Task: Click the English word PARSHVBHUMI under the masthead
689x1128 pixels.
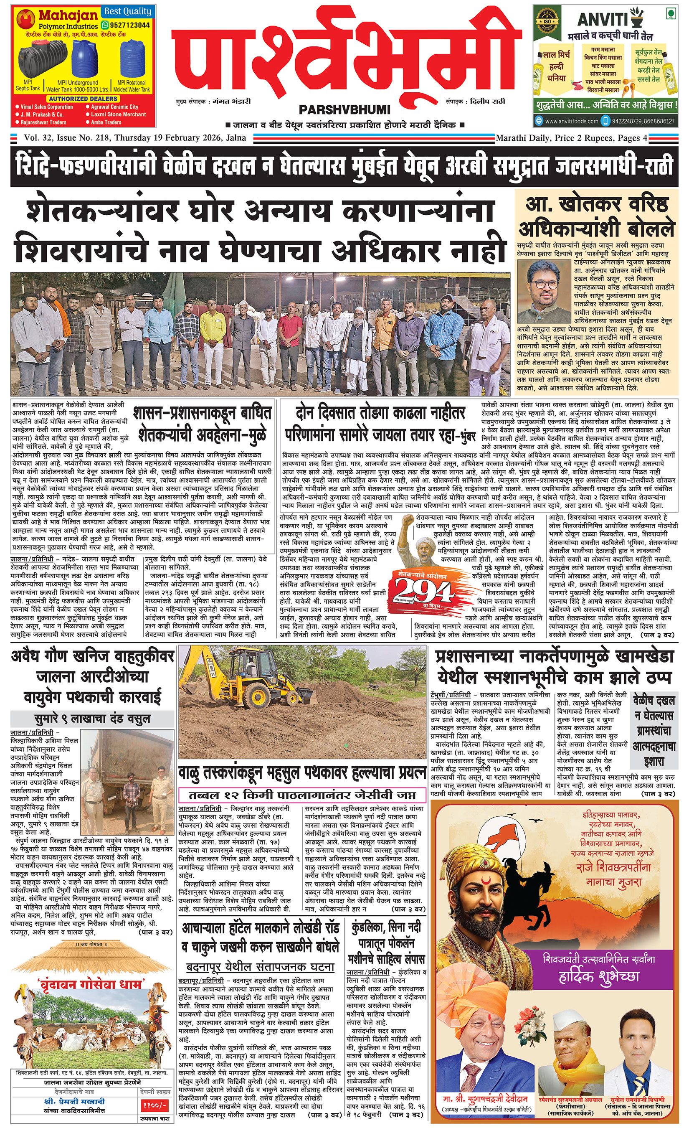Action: click(344, 110)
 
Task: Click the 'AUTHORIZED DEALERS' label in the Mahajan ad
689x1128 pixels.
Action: click(83, 99)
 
